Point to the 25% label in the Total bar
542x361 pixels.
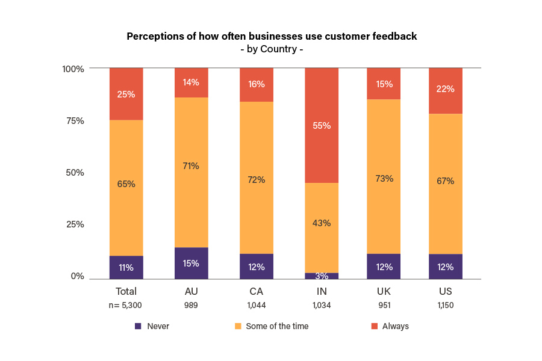click(x=126, y=94)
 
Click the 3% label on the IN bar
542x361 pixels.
click(x=322, y=276)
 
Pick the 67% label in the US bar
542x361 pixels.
click(x=446, y=180)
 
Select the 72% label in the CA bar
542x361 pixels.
click(x=257, y=180)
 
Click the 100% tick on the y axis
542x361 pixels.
click(x=73, y=69)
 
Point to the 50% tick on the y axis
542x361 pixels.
click(x=75, y=173)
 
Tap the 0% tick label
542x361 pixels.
click(x=77, y=276)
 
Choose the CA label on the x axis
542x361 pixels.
click(x=257, y=292)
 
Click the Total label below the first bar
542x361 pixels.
click(x=126, y=292)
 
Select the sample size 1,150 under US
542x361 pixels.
click(x=446, y=305)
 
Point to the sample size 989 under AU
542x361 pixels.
click(x=192, y=305)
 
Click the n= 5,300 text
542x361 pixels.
click(x=126, y=305)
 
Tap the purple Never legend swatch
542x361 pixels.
click(x=138, y=326)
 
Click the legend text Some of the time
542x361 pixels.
click(x=277, y=326)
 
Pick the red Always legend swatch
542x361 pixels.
click(x=374, y=326)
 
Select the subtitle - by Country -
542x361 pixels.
click(x=271, y=49)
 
